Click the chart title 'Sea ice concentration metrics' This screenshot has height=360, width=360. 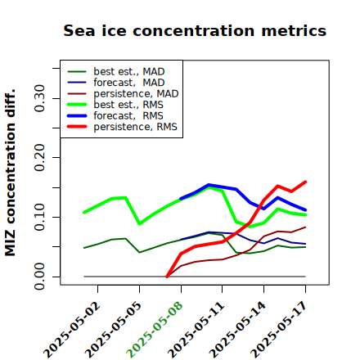(195, 30)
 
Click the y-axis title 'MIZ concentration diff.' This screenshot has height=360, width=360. (10, 173)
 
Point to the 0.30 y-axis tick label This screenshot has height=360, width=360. (40, 98)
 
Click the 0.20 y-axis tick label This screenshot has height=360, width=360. (40, 158)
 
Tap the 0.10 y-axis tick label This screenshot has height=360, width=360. (40, 217)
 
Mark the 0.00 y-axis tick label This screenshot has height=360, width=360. (40, 277)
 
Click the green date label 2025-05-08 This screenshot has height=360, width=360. (155, 330)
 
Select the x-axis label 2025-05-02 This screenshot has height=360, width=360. (71, 330)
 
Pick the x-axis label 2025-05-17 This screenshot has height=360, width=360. (279, 330)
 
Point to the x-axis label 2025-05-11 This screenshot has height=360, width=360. (196, 330)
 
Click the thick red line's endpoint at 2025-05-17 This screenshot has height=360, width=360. (305, 182)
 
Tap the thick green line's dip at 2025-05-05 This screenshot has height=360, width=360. (140, 223)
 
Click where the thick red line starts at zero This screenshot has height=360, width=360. (167, 277)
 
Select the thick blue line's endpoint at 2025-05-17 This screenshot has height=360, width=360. (305, 210)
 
